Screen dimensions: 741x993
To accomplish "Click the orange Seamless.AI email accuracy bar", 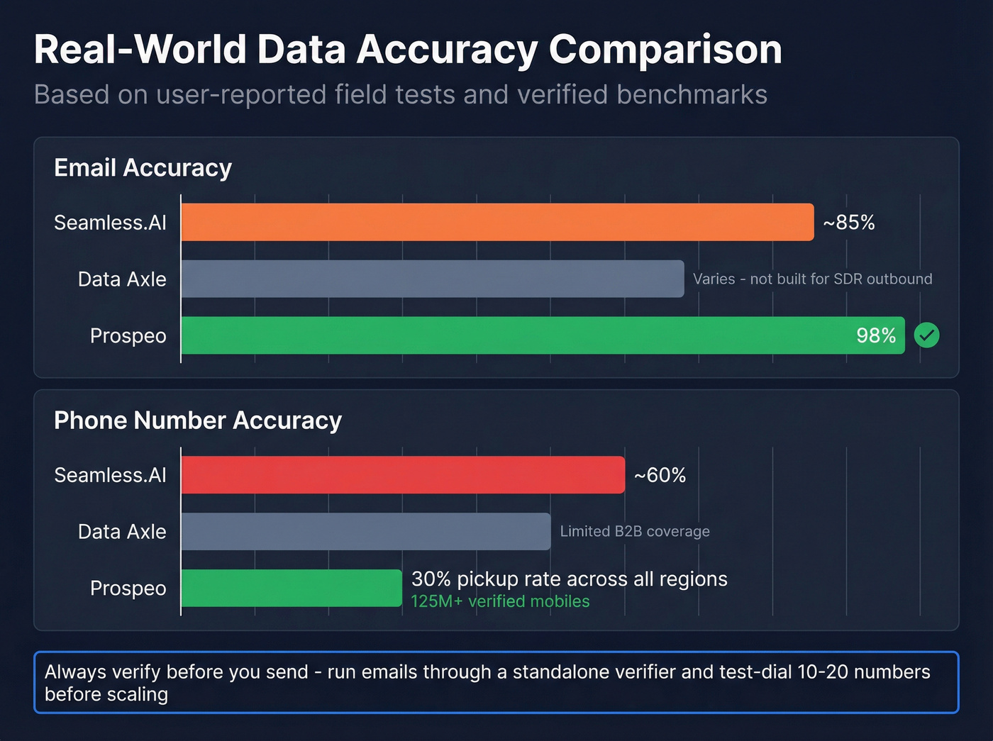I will coord(496,222).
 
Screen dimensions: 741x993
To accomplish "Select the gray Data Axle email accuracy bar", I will coord(432,279).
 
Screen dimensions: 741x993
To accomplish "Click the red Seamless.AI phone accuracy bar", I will coord(402,474).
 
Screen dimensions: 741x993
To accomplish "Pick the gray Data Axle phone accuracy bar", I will coord(365,531).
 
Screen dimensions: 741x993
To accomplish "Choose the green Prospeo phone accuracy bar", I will coord(291,588).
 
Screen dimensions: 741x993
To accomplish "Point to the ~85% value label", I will coord(848,223).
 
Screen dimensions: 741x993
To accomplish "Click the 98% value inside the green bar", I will coord(876,335).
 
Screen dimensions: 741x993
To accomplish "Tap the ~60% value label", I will coord(660,475).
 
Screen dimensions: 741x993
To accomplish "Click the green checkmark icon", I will coord(926,335).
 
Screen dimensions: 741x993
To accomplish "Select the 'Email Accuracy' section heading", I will coord(143,168).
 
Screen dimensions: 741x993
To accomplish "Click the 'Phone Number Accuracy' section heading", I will coord(198,420).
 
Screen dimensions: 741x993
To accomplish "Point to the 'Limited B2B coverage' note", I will coord(635,531).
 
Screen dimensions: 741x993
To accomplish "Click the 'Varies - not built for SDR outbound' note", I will coord(812,279).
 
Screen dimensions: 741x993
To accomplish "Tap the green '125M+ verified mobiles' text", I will coord(500,601).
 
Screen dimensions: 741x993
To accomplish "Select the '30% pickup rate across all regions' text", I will coord(569,579).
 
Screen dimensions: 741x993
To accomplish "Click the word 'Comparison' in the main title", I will coord(665,50).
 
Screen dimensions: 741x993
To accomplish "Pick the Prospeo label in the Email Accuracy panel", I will coord(128,335).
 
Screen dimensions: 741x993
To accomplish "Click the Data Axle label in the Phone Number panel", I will coord(122,531).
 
